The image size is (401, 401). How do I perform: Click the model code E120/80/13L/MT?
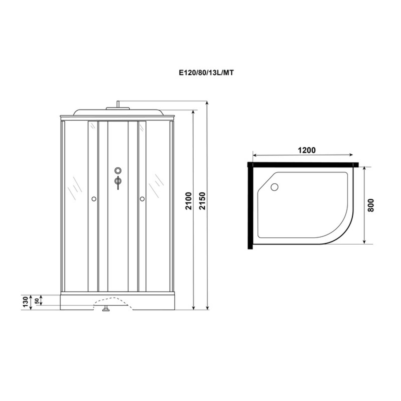206,72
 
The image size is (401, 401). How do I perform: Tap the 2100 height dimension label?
189,200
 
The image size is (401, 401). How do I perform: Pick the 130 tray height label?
25,302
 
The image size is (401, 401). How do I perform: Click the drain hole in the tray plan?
274,187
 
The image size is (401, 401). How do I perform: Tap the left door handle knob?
94,199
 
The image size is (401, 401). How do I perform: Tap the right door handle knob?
142,199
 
